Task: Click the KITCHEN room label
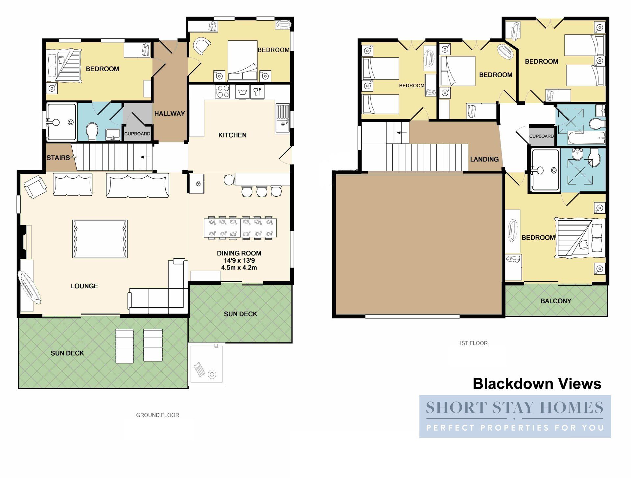[232, 135]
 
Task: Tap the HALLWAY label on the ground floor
[170, 114]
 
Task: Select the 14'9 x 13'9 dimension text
[239, 260]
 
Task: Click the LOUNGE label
[84, 286]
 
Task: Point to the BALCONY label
[556, 301]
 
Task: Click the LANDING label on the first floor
[484, 159]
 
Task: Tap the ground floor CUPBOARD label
[137, 134]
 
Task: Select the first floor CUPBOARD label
[541, 136]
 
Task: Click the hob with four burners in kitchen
[222, 92]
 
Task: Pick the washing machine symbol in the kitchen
[243, 92]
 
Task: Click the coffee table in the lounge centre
[100, 239]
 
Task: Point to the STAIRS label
[58, 158]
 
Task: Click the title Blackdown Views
[537, 383]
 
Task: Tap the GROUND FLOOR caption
[157, 415]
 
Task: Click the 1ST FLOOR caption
[473, 343]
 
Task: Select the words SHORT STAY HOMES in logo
[514, 408]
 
